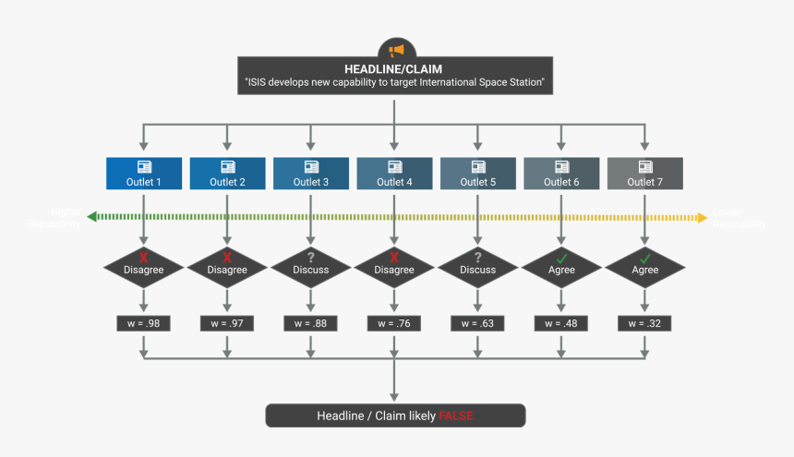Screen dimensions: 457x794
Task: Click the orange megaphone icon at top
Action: (396, 50)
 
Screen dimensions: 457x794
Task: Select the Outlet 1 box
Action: (143, 174)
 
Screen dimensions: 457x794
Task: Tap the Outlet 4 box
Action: (394, 174)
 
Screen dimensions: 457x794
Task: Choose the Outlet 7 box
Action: (644, 174)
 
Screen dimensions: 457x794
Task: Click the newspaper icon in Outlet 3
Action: (311, 166)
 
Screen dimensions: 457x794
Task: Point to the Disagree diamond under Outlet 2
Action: (227, 269)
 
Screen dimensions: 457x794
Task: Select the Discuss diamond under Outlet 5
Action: (477, 269)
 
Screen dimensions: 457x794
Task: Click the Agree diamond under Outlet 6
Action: (561, 269)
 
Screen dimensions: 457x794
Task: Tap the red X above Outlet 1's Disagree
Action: (143, 257)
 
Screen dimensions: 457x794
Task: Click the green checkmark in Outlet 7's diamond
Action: (645, 257)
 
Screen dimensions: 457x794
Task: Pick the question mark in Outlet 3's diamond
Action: (311, 257)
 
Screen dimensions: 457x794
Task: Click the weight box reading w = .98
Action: (143, 323)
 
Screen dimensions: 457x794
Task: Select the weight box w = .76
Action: (394, 323)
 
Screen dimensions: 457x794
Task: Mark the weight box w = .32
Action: (644, 323)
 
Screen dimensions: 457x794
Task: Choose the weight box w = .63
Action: (477, 323)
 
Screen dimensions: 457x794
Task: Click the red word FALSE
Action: (455, 415)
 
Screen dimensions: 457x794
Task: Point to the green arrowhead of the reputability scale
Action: (92, 218)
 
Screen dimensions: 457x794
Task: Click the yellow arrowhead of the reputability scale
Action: (702, 218)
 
